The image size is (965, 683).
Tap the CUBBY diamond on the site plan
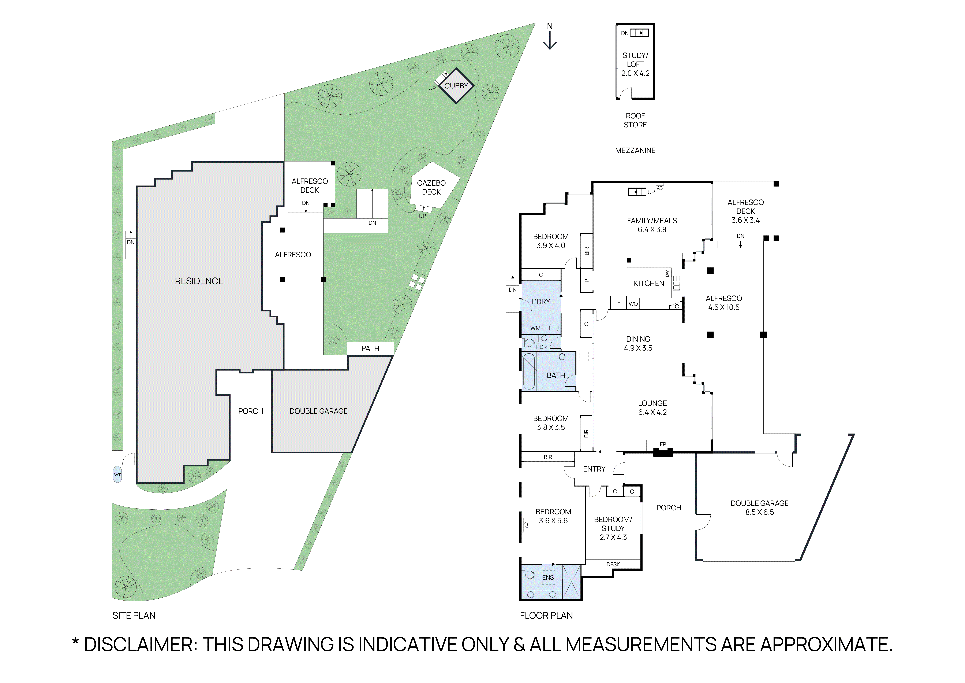coord(456,86)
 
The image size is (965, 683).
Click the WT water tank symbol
coord(117,475)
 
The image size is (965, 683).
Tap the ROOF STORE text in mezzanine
coord(635,120)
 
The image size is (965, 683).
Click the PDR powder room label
coord(541,347)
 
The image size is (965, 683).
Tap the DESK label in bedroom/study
coord(613,564)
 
